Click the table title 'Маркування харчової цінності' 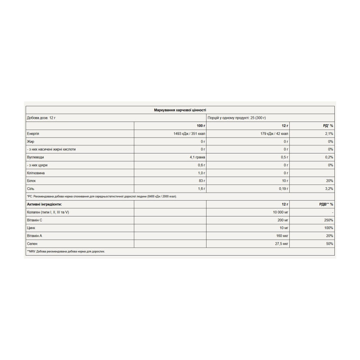180,110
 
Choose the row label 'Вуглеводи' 36,157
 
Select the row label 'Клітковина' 36,173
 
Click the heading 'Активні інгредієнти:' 45,204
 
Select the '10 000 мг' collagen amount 278,212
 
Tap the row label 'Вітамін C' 36,220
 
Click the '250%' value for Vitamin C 328,220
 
